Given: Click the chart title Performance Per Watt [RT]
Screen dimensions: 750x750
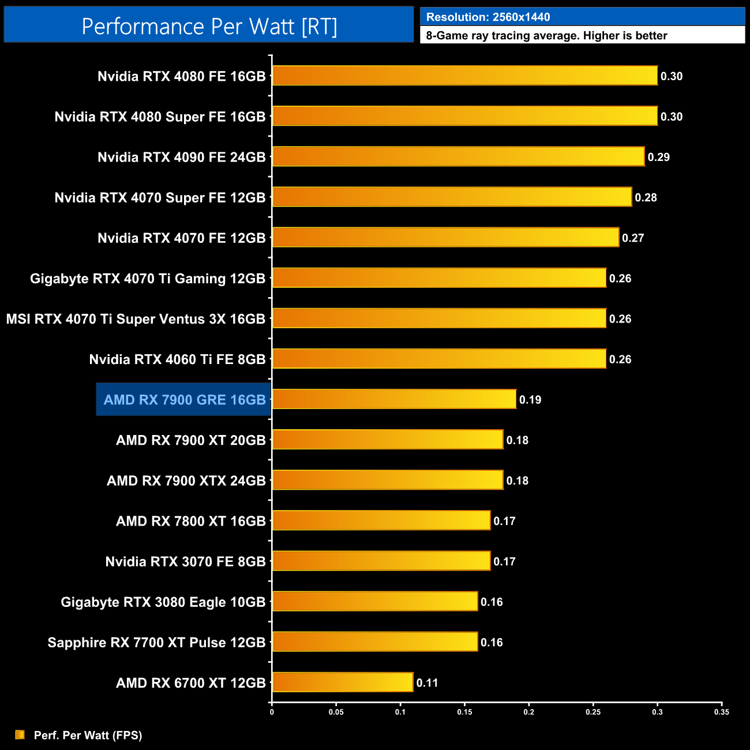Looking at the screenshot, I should (x=209, y=27).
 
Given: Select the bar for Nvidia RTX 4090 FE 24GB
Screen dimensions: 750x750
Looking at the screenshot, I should (x=458, y=156).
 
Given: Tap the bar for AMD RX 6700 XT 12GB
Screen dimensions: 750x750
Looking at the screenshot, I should (x=343, y=682).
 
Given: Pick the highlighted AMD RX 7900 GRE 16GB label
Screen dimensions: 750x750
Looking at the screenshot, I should (x=184, y=400).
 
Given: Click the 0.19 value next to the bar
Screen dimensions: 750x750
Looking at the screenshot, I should (x=530, y=400).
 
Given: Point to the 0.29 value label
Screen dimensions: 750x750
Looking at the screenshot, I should (x=658, y=157).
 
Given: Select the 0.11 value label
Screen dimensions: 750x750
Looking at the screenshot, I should (x=427, y=682).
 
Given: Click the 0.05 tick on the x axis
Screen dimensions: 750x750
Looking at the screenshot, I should (x=336, y=712).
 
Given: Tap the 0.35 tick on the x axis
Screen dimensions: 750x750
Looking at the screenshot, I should (x=721, y=712).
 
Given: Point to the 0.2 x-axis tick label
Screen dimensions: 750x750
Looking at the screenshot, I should (x=528, y=712).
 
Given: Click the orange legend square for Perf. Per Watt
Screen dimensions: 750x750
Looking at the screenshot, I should (x=20, y=734).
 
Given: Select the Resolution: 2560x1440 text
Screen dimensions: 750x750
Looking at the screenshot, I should (x=488, y=17).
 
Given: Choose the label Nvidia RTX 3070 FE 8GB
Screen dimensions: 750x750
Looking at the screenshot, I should (x=185, y=561).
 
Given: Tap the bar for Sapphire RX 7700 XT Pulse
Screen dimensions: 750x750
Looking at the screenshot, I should (x=375, y=642).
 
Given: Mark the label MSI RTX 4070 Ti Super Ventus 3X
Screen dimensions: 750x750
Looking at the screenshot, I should (x=136, y=319).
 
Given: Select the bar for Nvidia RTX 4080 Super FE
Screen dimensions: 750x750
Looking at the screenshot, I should (x=464, y=116).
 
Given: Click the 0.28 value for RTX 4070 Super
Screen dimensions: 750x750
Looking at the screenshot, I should (x=646, y=197).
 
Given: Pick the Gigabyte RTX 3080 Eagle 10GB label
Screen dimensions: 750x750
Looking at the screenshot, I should (x=163, y=602).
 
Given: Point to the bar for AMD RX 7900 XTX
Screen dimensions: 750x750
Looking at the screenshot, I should (x=388, y=480).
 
